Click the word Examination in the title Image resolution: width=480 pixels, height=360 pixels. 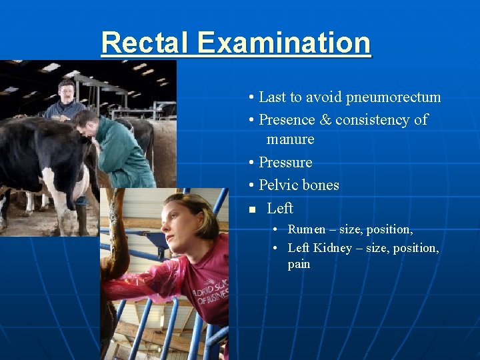click(284, 43)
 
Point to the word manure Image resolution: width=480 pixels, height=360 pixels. click(290, 139)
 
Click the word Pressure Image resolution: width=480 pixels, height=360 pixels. click(285, 163)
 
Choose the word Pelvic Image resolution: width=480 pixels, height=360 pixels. click(279, 185)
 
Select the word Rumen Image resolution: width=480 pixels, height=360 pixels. click(306, 229)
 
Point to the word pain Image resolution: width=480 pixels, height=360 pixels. click(299, 264)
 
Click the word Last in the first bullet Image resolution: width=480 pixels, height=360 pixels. click(271, 97)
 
